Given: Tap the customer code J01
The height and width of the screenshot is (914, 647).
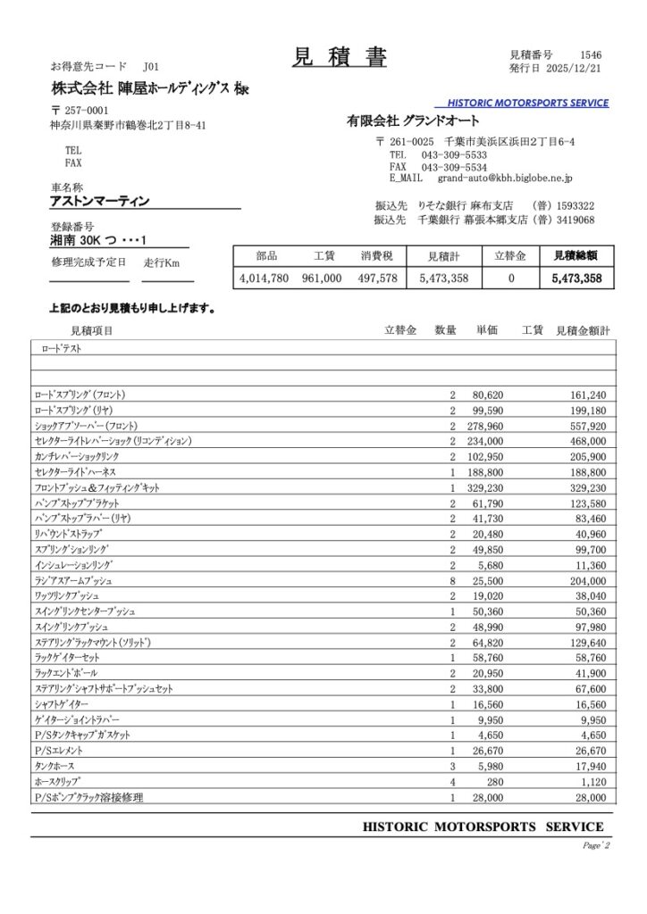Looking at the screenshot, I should pyautogui.click(x=150, y=67).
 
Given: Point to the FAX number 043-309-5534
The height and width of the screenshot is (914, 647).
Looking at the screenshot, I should pyautogui.click(x=453, y=167).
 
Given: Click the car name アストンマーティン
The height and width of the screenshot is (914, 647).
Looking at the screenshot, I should pyautogui.click(x=99, y=201).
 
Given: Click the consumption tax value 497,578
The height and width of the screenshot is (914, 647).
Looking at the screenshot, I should pyautogui.click(x=377, y=278).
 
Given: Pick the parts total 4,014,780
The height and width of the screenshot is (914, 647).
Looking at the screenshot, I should pyautogui.click(x=265, y=278).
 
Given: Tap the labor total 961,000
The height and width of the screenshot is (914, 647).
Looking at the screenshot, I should pyautogui.click(x=322, y=278).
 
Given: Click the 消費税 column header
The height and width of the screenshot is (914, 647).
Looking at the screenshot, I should pyautogui.click(x=377, y=256).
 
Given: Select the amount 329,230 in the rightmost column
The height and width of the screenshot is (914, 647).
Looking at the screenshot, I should pyautogui.click(x=587, y=487).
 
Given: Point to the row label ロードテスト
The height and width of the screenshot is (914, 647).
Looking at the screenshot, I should pyautogui.click(x=58, y=349).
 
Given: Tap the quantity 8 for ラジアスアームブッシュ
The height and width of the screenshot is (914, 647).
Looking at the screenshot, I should pyautogui.click(x=453, y=580).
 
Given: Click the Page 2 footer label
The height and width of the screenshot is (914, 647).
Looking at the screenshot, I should pyautogui.click(x=595, y=845).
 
